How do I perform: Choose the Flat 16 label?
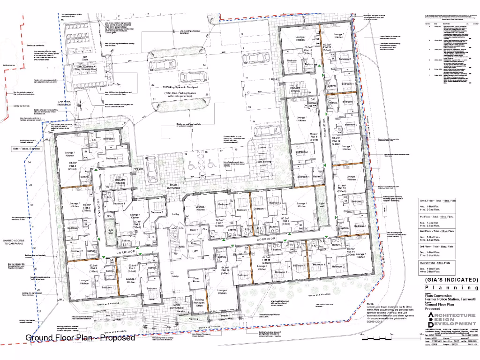click(x=225, y=270)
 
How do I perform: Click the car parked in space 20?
click(x=151, y=169)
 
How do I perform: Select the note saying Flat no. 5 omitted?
click(x=27, y=149)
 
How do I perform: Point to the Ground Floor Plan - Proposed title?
click(x=80, y=337)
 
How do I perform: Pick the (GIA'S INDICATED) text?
click(x=451, y=280)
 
